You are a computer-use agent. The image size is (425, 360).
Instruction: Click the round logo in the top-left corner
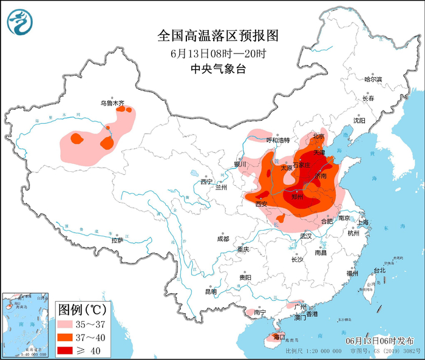[20, 21]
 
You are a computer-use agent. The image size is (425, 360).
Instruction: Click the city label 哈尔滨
[373, 80]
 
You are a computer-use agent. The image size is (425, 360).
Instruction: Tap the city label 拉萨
[117, 240]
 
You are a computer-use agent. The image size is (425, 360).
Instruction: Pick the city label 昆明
[211, 291]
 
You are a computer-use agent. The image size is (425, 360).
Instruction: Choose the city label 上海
[364, 222]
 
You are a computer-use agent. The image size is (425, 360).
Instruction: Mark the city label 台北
[379, 270]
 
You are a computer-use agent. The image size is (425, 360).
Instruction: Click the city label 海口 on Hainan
[279, 336]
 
